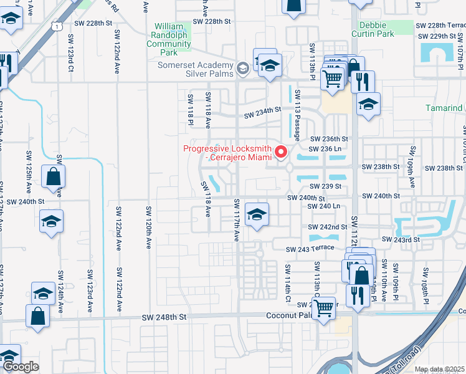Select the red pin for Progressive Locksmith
[x=281, y=151]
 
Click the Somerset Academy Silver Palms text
[x=194, y=69]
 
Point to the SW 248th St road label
[x=165, y=317]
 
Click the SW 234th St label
[x=263, y=113]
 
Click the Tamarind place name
[x=444, y=108]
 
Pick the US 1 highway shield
[x=57, y=26]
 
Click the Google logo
[x=21, y=367]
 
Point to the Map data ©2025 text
[x=439, y=369]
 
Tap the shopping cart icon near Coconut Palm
[x=323, y=307]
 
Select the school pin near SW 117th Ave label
[x=256, y=214]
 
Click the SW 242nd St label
[x=328, y=228]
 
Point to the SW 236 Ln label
[x=326, y=150]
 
